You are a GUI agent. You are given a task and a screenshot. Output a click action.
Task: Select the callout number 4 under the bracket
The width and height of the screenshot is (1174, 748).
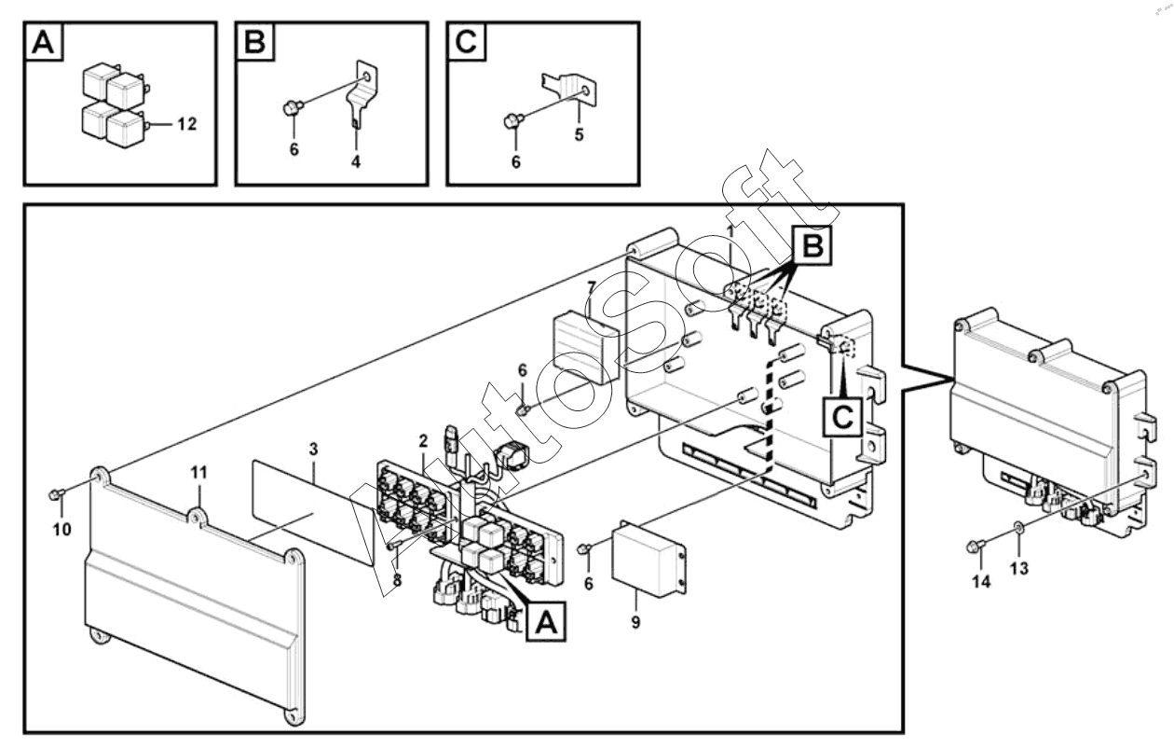pos(356,161)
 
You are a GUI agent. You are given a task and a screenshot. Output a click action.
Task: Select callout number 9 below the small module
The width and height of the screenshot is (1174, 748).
pos(635,622)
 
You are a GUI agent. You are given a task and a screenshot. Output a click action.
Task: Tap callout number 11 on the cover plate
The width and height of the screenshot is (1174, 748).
pos(198,473)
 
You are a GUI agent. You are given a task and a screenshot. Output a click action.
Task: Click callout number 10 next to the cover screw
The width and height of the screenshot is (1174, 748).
pos(61,531)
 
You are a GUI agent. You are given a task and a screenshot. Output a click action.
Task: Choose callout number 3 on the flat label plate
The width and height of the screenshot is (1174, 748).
pos(313,450)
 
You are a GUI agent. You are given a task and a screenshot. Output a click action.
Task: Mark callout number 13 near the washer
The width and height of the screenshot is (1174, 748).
pos(1020,568)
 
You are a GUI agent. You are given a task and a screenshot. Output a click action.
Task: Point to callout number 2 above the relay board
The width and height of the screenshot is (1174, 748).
pos(423,439)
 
